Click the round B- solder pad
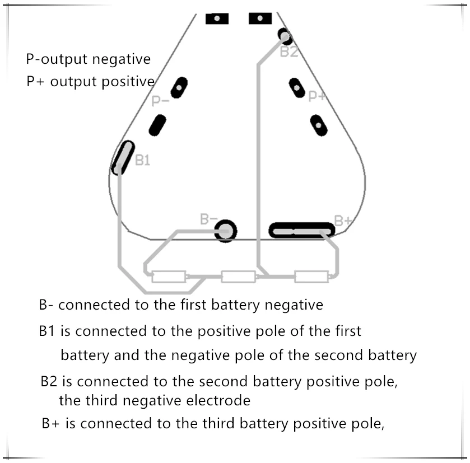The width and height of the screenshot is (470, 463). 226,231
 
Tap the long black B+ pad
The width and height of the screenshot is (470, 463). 301,230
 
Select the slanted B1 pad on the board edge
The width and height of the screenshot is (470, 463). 123,157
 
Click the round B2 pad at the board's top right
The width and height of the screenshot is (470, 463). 285,36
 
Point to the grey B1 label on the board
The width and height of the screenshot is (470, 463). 142,160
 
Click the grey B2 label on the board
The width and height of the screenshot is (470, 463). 289,52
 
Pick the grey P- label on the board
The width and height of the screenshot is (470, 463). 160,101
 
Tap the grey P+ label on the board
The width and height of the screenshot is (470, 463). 317,96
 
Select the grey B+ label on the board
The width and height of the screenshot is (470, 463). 343,221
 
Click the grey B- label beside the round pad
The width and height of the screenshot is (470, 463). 208,219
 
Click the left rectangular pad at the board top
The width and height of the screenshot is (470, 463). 217,18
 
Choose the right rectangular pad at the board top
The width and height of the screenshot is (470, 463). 260,18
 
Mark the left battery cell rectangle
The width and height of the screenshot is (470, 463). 169,277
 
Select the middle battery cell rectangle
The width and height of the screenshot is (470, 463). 239,277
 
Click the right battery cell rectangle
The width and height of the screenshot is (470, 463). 311,277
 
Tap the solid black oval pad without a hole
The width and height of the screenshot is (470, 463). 157,125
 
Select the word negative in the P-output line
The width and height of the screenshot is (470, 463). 122,59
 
